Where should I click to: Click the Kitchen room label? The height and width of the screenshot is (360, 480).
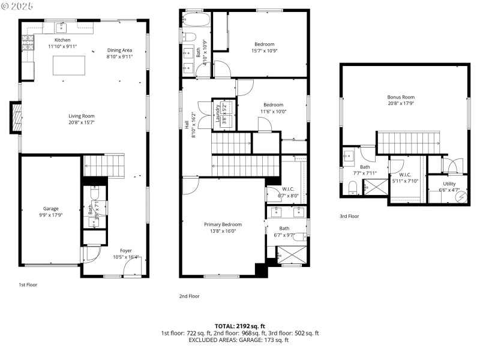point(63,40)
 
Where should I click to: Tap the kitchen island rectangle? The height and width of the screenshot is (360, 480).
point(69,65)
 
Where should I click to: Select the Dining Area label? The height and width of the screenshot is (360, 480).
point(119,50)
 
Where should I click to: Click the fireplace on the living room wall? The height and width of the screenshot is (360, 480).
point(16,118)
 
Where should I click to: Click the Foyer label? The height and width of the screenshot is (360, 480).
point(125,251)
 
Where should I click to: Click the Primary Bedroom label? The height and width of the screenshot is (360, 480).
point(221,224)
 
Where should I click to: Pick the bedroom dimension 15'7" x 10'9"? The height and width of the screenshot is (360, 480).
point(265,51)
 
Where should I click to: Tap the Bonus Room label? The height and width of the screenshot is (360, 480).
point(401,97)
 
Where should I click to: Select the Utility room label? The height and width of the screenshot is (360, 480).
point(449,184)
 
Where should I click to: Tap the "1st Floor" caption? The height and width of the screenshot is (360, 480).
point(28,284)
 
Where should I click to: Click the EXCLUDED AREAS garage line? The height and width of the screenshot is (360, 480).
point(239,340)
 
